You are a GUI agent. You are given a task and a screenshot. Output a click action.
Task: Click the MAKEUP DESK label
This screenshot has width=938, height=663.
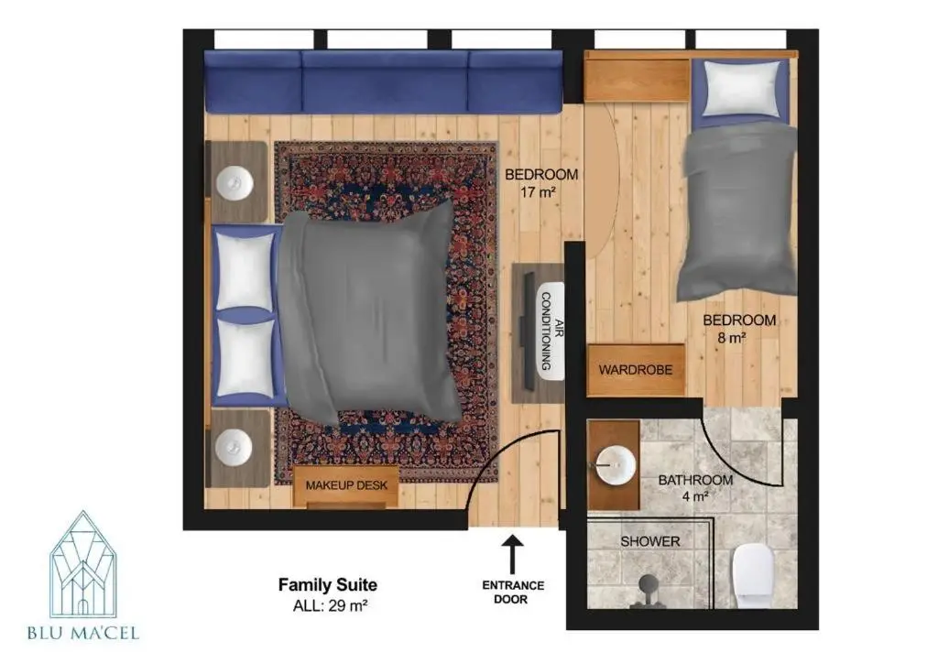click(346, 485)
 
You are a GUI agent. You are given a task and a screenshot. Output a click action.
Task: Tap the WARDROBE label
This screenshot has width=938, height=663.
click(636, 370)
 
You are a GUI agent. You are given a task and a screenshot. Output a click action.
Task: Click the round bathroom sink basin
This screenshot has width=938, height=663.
click(616, 464)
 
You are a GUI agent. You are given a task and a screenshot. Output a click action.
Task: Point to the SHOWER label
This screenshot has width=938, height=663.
click(650, 541)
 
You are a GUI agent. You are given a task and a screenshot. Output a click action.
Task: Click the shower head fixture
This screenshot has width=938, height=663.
click(648, 588)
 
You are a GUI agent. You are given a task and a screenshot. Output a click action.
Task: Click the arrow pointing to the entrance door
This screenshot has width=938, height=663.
click(512, 555)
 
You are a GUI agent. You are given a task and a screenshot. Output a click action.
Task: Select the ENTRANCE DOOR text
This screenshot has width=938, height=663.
click(513, 592)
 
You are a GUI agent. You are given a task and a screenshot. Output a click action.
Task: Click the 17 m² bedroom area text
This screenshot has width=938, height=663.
click(538, 192)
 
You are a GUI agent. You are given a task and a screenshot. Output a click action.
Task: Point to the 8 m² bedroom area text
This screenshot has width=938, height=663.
click(732, 339)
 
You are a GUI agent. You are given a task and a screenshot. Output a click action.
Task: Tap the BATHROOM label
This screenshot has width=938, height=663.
click(695, 480)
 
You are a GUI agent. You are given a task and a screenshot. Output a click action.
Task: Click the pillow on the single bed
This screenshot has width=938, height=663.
click(742, 89)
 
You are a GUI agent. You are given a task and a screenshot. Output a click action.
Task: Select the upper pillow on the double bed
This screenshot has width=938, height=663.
click(245, 271)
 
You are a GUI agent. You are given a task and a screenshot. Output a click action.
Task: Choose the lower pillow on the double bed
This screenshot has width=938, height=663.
click(245, 357)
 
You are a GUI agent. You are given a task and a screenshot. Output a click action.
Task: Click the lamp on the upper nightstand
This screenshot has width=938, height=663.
click(234, 181)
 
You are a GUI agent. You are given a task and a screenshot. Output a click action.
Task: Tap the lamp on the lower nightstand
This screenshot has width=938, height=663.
click(234, 446)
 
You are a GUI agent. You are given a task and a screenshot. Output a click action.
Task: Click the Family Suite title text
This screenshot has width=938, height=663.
click(328, 584)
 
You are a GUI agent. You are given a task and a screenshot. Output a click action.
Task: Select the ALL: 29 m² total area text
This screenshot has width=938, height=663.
click(330, 605)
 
